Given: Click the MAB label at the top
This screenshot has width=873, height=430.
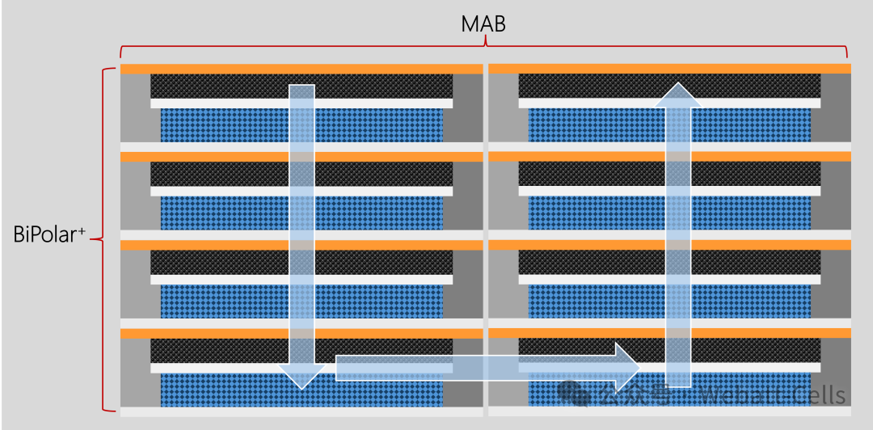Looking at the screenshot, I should click(x=483, y=24).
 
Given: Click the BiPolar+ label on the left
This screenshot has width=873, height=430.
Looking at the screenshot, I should click(x=48, y=235).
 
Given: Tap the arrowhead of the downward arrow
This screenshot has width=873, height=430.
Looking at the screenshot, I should click(x=302, y=373).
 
